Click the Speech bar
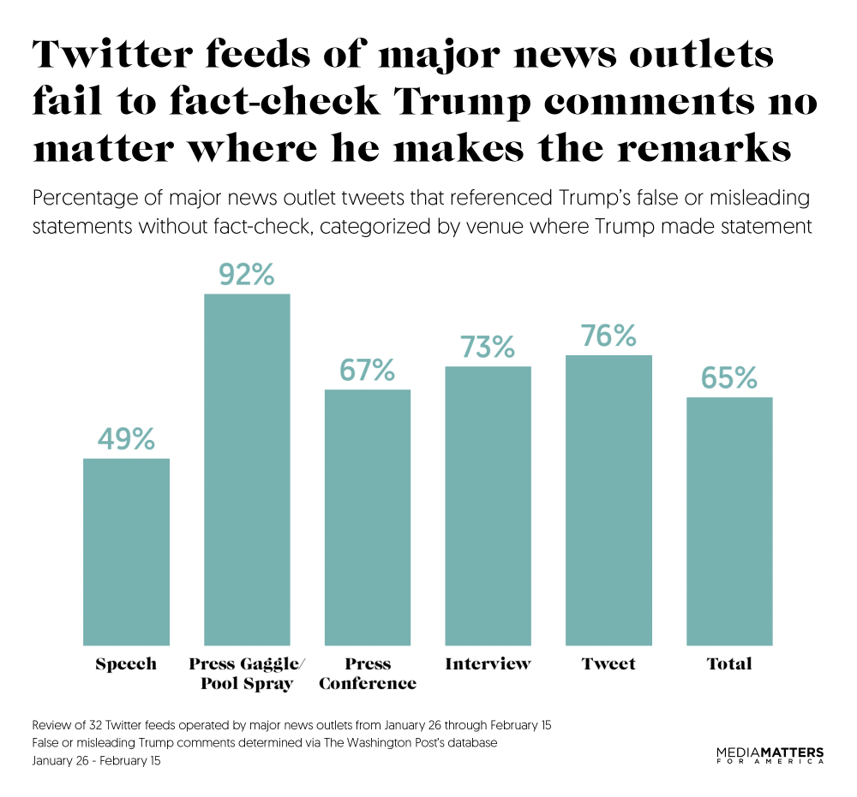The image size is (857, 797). click(x=126, y=551)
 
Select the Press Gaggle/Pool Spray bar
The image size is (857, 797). click(x=247, y=469)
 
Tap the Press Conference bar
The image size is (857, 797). click(x=368, y=517)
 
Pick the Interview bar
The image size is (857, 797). click(x=488, y=505)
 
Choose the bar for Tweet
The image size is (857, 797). click(x=608, y=500)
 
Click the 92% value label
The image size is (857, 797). click(x=246, y=275)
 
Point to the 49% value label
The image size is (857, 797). click(x=126, y=439)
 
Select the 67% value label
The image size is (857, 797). click(x=367, y=371)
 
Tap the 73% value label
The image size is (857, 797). click(x=488, y=347)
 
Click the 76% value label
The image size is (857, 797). click(x=608, y=336)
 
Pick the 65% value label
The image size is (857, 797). click(x=729, y=378)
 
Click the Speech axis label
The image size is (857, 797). click(x=126, y=664)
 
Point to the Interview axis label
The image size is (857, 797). click(x=488, y=663)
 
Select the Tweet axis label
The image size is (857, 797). click(x=608, y=663)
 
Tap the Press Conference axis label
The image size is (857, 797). click(x=368, y=674)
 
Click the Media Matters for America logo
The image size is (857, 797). click(x=770, y=755)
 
